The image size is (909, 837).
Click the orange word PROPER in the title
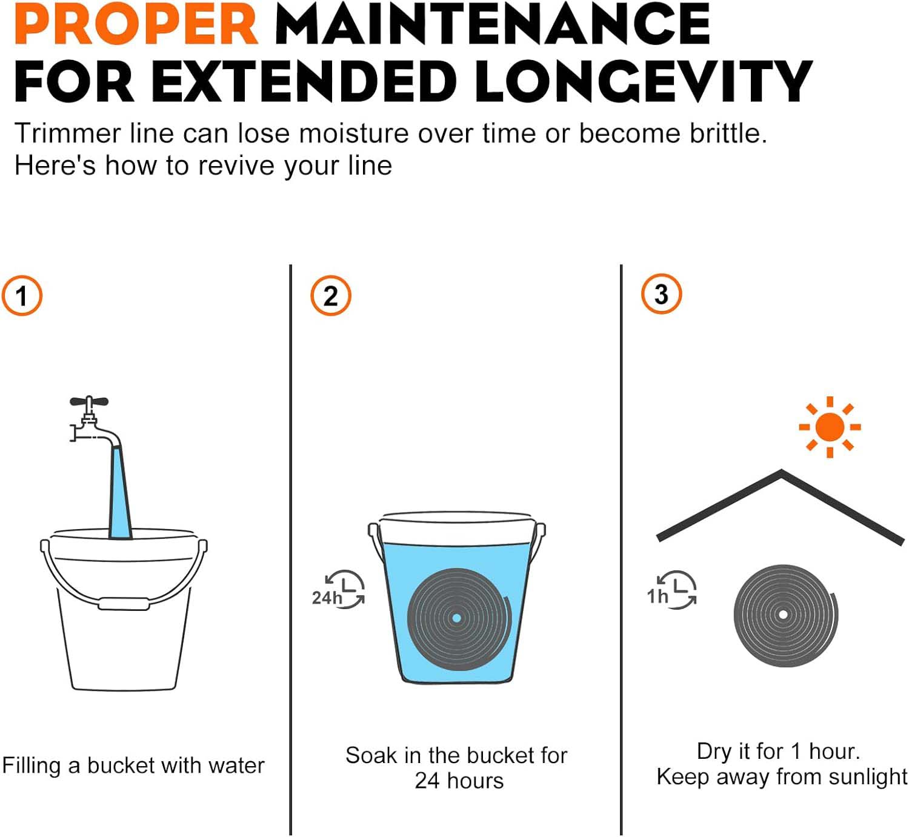pos(136,24)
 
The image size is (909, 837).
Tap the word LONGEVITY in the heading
pos(643,82)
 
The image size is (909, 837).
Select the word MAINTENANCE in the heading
pos(493,24)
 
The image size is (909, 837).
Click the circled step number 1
pos(22,296)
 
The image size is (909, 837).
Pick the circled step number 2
pos(331,296)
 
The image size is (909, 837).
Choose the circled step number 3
pos(661,294)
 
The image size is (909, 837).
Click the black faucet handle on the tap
pos(89,401)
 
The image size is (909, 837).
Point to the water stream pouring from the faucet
pos(121,493)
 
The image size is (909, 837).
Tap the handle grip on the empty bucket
pos(124,604)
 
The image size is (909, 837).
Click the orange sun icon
pos(830,427)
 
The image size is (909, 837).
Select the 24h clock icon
pos(338,590)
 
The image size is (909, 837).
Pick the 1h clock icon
pos(672,589)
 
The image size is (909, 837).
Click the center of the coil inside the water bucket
pos(456,618)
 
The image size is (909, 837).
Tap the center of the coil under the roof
pos(784,615)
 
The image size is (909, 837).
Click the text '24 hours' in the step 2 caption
pos(459,781)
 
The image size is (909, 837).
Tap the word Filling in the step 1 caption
pos(32,766)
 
